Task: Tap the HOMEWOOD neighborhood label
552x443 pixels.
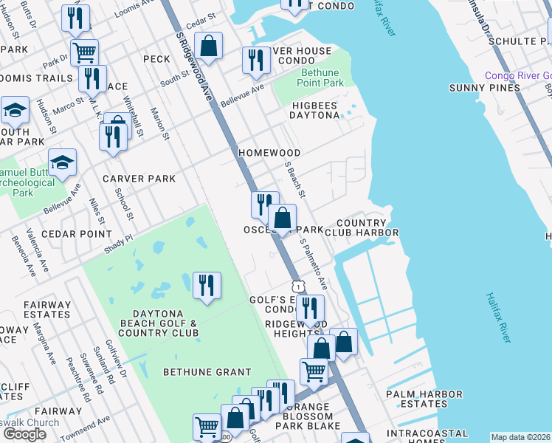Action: point(269,153)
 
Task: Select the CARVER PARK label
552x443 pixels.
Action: point(139,179)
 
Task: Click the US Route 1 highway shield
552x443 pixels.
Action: point(297,285)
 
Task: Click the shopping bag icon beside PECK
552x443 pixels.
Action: point(210,45)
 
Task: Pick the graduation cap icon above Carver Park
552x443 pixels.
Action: point(63,162)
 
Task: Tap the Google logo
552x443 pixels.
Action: point(24,434)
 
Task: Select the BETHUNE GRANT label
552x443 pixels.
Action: point(202,371)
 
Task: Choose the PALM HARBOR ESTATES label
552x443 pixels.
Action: point(424,399)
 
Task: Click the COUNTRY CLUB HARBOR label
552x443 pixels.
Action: point(367,227)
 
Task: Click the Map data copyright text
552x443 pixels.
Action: point(521,437)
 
